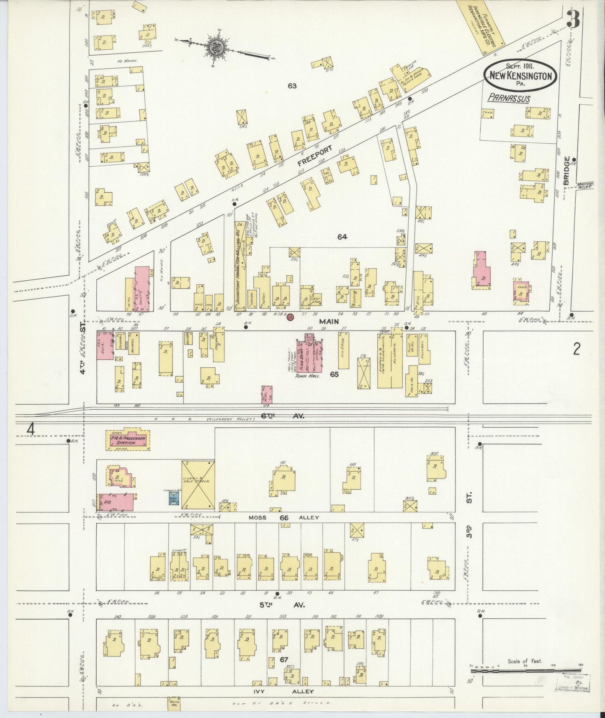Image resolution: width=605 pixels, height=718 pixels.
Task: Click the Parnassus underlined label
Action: click(509, 99)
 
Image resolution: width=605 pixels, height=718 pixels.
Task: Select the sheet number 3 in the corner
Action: click(573, 18)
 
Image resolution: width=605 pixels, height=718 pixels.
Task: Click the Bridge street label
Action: click(566, 170)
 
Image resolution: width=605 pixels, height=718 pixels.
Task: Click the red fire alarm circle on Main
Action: click(289, 317)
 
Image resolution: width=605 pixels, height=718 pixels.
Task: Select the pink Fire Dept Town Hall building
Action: click(309, 355)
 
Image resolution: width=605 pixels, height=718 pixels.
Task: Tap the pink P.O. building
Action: click(116, 501)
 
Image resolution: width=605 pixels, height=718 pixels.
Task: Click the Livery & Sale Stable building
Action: click(198, 485)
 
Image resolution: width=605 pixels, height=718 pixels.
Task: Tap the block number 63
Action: click(292, 86)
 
